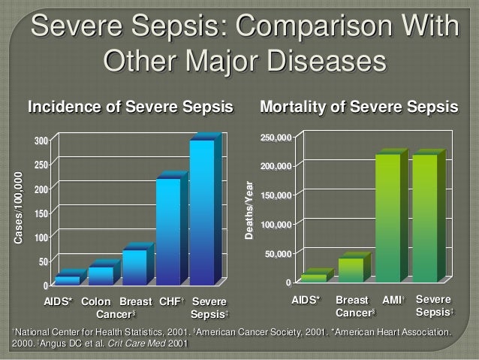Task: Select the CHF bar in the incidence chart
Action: [x=168, y=231]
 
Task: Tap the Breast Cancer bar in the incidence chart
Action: [x=134, y=267]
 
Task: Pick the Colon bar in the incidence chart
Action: [x=101, y=275]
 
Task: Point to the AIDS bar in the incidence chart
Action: [x=67, y=280]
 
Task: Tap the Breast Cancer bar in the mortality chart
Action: [x=351, y=269]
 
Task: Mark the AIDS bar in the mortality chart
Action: [x=314, y=277]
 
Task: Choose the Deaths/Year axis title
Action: [x=252, y=211]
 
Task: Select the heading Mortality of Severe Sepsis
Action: [x=358, y=107]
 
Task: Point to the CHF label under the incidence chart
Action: [x=169, y=302]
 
